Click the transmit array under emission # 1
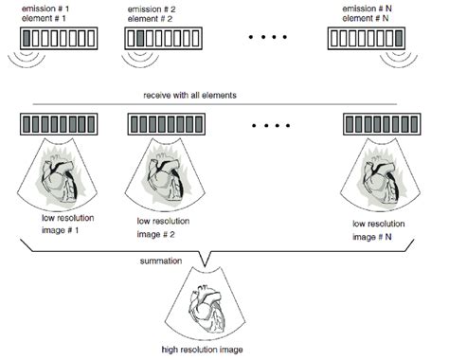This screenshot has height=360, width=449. pyautogui.click(x=58, y=40)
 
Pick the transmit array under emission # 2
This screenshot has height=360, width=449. pyautogui.click(x=166, y=40)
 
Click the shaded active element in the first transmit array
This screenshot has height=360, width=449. pyautogui.click(x=27, y=40)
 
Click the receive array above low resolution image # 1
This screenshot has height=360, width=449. pyautogui.click(x=58, y=125)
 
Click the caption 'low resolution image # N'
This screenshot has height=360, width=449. pyautogui.click(x=382, y=229)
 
